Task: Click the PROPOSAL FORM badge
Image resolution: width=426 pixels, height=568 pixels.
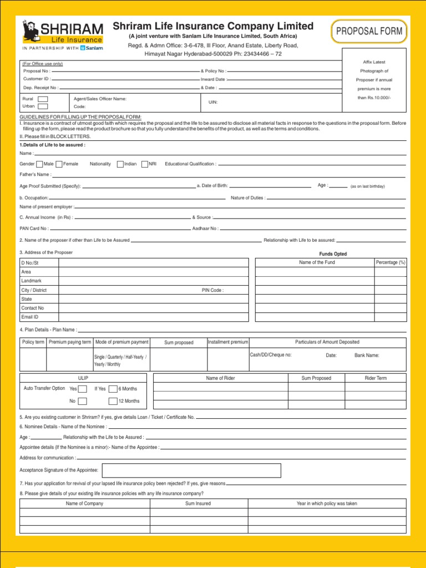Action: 369,32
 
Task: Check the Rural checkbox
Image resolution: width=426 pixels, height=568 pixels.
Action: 43,99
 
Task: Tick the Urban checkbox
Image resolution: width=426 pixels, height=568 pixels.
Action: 43,106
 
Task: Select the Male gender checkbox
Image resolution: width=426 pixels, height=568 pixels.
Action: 39,164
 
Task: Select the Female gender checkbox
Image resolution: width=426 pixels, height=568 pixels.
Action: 59,164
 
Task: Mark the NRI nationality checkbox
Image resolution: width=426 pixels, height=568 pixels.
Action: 144,164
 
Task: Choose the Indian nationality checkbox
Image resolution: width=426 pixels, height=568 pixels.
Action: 120,164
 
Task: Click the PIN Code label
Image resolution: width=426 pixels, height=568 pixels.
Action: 212,290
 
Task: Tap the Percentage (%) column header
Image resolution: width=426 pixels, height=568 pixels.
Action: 390,262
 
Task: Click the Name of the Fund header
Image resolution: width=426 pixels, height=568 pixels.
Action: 317,262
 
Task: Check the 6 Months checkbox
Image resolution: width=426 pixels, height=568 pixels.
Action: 113,389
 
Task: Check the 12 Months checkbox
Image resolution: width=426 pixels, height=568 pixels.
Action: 113,401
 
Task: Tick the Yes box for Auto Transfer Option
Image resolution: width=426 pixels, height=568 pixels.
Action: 82,389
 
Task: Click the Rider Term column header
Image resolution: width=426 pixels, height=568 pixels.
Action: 376,378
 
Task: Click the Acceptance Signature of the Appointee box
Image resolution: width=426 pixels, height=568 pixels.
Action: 190,470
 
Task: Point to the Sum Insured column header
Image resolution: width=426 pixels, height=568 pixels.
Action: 198,504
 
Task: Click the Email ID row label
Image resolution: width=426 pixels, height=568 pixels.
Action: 29,317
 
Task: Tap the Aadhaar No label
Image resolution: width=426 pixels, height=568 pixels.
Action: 205,229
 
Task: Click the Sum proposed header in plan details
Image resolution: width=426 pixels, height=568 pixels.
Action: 179,343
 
